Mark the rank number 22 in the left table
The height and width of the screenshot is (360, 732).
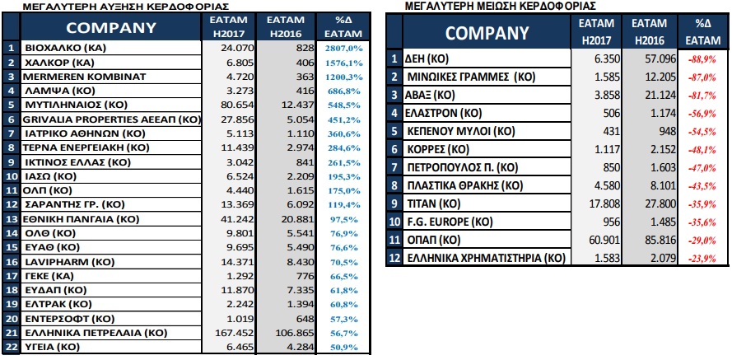point(11,347)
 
